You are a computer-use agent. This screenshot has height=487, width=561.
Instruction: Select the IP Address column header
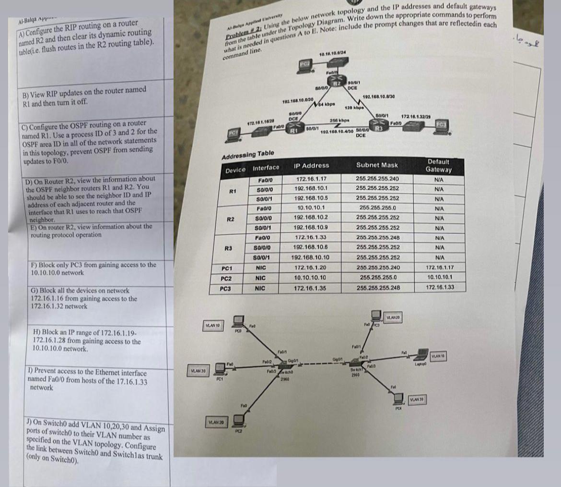[x=312, y=166]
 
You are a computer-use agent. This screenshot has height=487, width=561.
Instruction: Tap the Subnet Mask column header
[x=377, y=165]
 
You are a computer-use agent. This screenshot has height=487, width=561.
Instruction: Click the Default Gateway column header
[x=439, y=166]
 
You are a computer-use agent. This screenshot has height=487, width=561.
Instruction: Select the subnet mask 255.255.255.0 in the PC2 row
[x=377, y=278]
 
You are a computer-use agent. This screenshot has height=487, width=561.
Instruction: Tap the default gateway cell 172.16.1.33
[x=440, y=288]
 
